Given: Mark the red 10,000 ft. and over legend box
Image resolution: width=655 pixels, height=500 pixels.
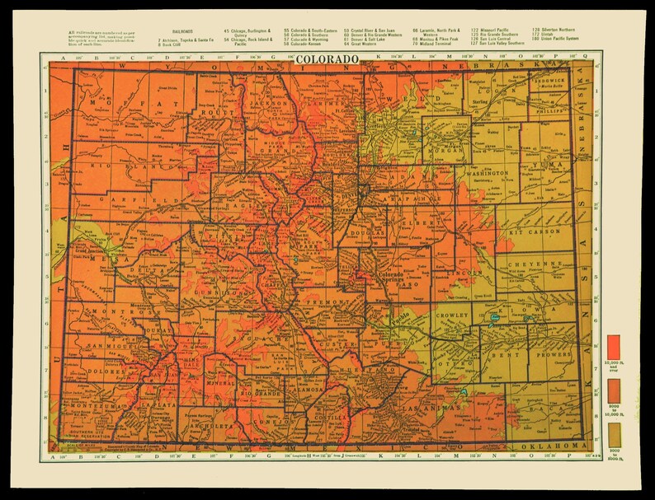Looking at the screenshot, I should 613,343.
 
